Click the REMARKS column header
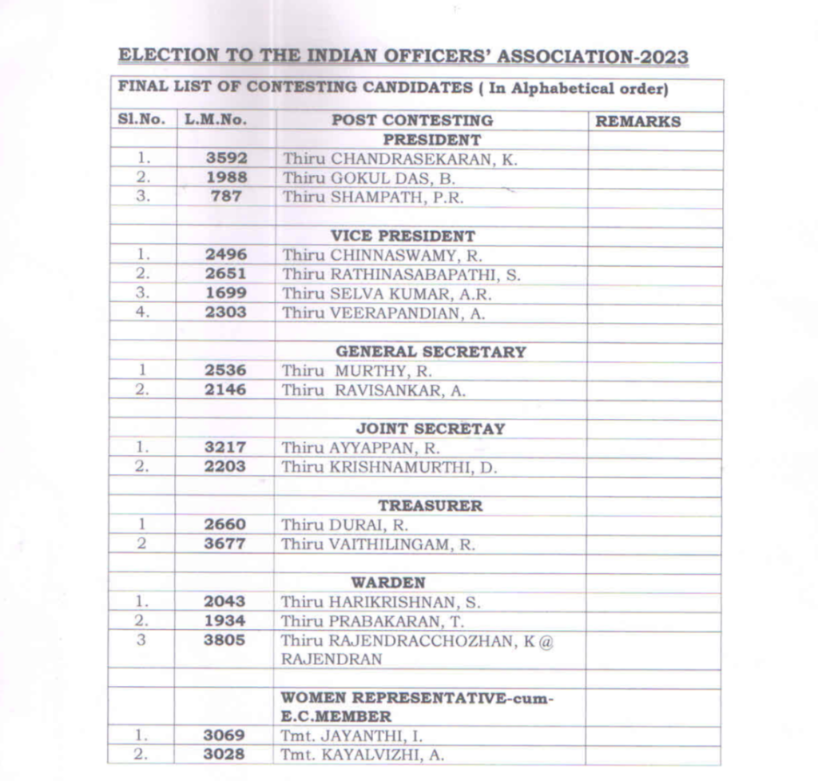tap(638, 122)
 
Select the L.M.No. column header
tap(216, 121)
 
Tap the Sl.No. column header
tap(141, 120)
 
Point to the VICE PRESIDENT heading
tap(403, 237)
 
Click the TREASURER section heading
tap(430, 506)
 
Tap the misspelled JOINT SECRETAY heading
tap(430, 429)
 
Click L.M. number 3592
tap(225, 158)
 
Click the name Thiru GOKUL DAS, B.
tap(368, 178)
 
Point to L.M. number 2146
tap(225, 390)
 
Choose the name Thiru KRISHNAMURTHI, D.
tap(389, 468)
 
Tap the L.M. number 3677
tap(225, 544)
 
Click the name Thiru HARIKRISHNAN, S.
tap(380, 602)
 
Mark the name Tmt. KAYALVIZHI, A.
tap(362, 755)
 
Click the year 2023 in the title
tap(659, 57)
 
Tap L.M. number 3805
tap(225, 640)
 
